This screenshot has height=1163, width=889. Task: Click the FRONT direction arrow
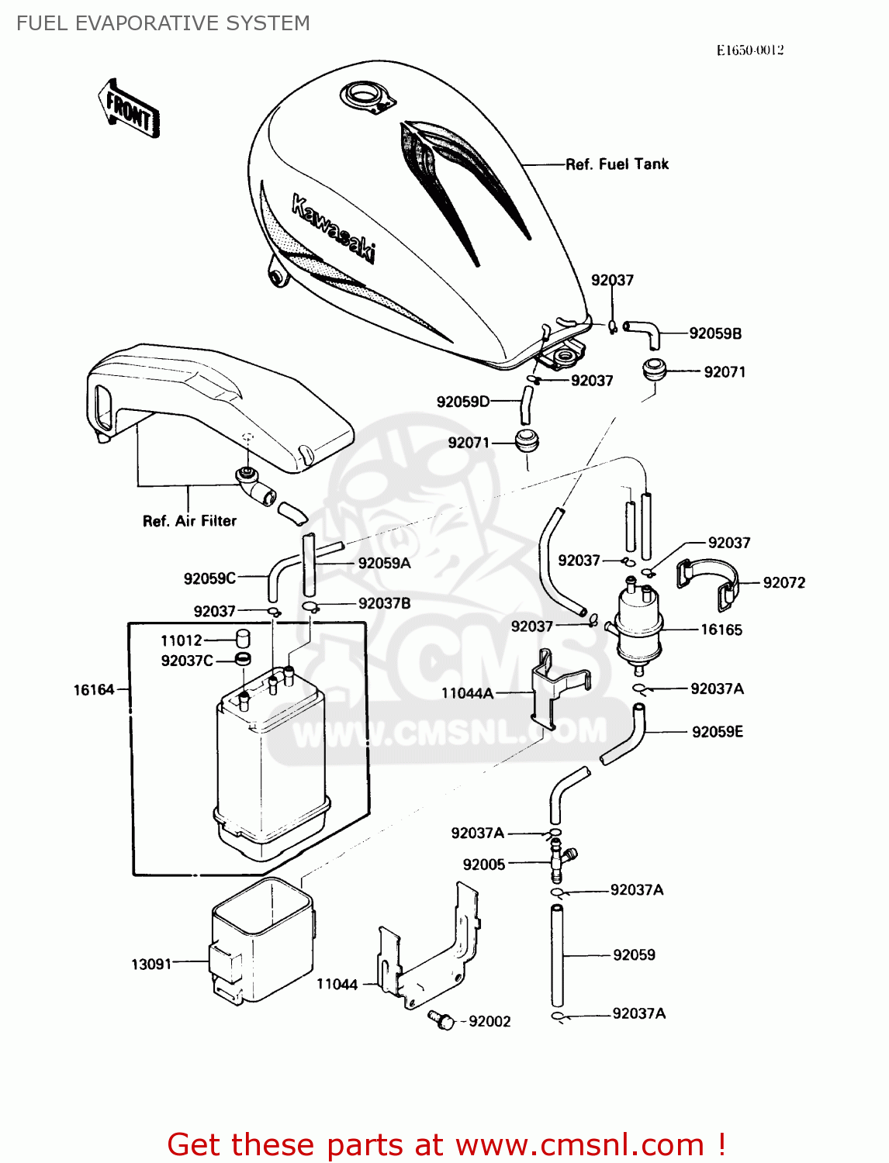[x=129, y=109]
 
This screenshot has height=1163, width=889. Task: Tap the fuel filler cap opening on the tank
[x=366, y=97]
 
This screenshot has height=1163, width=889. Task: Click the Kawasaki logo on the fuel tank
[x=334, y=229]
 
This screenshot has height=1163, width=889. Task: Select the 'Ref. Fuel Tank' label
[x=617, y=164]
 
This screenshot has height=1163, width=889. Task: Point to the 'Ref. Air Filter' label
[x=189, y=521]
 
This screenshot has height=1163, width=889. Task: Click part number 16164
[x=94, y=689]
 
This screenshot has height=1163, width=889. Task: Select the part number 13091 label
[x=151, y=964]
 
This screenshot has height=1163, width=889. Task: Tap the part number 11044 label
[x=337, y=984]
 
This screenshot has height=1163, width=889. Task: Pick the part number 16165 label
[x=721, y=630]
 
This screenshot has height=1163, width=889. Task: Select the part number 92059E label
[x=718, y=731]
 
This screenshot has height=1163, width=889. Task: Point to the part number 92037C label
[x=187, y=661]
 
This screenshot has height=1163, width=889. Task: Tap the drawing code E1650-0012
[x=749, y=50]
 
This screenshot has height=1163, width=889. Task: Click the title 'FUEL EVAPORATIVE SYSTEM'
[x=163, y=23]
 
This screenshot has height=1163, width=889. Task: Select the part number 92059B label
[x=715, y=333]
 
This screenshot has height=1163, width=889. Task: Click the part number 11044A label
[x=467, y=693]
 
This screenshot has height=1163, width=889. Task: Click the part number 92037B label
[x=384, y=603]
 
